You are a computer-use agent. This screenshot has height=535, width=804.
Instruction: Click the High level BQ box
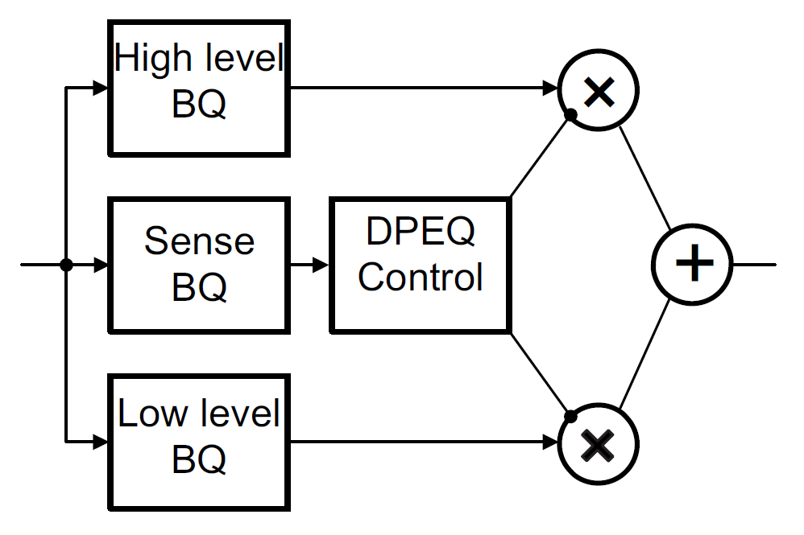199,87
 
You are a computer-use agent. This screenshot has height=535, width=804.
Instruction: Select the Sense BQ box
199,265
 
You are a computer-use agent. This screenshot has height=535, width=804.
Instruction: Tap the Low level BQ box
199,442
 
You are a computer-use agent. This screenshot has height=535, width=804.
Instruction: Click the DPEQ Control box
420,265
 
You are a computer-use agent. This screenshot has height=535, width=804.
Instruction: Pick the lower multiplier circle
598,443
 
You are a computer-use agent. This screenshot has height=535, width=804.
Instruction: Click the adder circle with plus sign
692,264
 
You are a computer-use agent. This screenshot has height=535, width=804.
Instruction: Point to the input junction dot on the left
66,265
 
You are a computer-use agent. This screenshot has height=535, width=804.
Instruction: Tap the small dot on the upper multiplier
570,115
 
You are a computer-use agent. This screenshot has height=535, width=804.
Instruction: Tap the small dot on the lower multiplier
570,417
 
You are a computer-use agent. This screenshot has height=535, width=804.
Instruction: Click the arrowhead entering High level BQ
100,88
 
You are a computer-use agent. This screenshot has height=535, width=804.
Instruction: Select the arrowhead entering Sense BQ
100,265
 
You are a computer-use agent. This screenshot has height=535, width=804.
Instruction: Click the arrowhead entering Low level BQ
100,442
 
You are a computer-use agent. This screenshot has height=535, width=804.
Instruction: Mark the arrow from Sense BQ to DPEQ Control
310,265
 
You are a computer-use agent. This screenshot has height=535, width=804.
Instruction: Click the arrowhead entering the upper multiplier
552,88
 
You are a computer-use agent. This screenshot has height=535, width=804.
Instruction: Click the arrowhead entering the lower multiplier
552,442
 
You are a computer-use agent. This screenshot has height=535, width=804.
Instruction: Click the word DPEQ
420,233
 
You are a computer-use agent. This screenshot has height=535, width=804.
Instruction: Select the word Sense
199,241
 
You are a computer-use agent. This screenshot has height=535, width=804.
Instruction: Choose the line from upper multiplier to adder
644,177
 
